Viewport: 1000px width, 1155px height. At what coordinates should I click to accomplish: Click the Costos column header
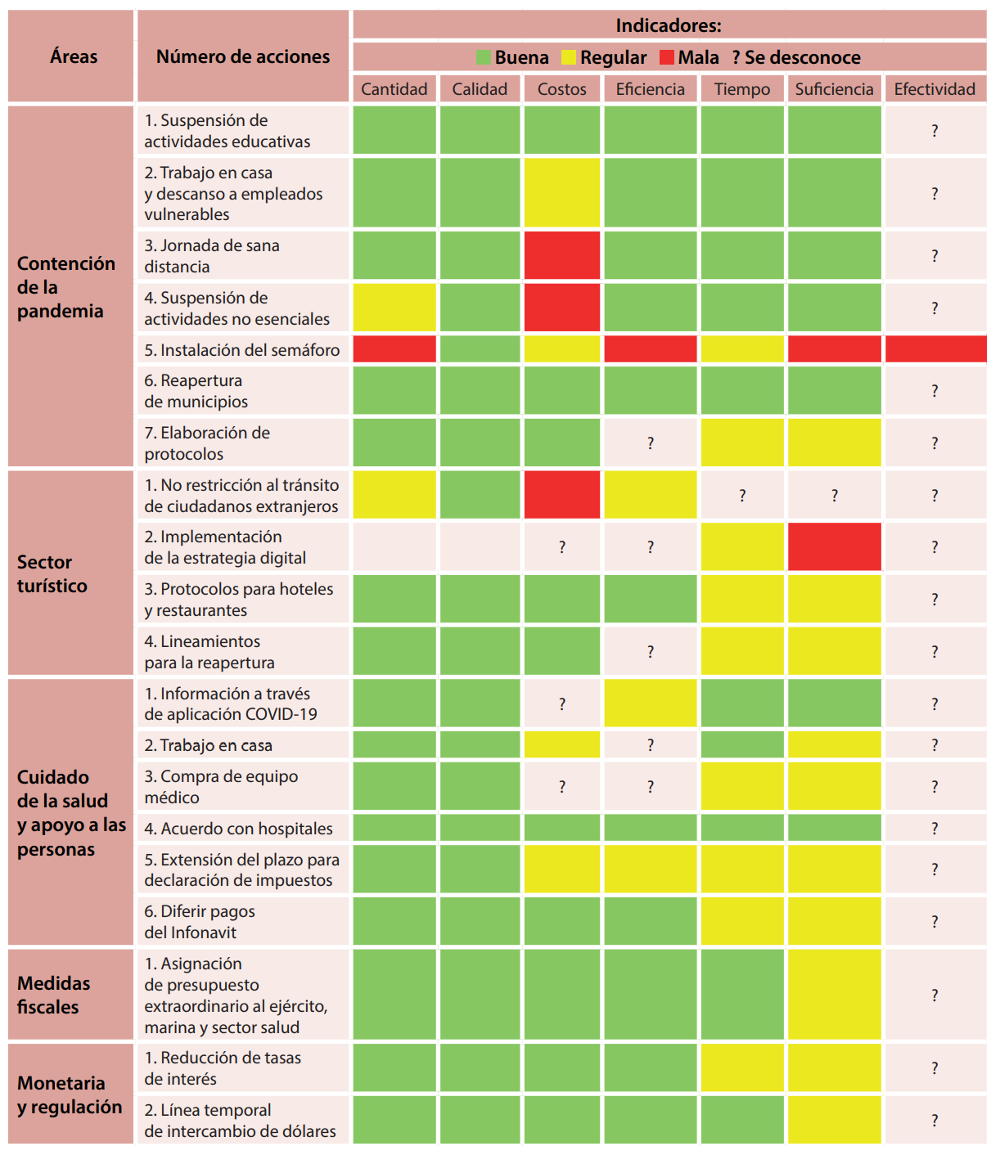(x=561, y=89)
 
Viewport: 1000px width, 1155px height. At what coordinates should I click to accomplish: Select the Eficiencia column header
(x=650, y=89)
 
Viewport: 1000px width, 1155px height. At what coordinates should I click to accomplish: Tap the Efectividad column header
(x=935, y=89)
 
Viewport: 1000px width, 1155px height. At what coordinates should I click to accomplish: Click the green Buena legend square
(x=484, y=57)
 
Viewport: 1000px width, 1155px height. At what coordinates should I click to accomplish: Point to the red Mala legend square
(x=667, y=57)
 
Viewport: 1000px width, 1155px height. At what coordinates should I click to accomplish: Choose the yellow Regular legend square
(x=569, y=57)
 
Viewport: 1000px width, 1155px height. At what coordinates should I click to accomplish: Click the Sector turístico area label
(x=52, y=573)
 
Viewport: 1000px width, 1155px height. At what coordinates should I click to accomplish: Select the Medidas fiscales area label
(x=53, y=995)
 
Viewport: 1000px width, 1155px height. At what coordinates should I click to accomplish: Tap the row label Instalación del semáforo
(x=242, y=350)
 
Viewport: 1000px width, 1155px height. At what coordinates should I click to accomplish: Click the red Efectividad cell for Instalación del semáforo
(x=935, y=349)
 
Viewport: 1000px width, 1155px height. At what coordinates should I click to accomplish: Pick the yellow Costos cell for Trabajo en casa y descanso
(x=561, y=193)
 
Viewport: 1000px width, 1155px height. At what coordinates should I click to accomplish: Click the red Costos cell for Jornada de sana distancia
(x=561, y=255)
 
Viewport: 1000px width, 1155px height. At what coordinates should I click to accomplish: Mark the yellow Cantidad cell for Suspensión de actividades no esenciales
(x=394, y=308)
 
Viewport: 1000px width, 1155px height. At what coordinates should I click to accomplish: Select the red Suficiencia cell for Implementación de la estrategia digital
(x=834, y=546)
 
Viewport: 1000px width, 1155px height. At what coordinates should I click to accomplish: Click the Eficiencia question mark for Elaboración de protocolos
(x=650, y=443)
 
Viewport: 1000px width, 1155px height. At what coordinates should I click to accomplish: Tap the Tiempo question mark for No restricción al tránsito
(x=741, y=495)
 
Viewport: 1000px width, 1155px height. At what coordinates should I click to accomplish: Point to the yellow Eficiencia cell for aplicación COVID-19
(x=650, y=703)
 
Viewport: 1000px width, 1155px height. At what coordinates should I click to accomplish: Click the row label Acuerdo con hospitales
(x=239, y=829)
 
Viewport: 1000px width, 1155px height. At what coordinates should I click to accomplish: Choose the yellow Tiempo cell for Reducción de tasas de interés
(x=741, y=1067)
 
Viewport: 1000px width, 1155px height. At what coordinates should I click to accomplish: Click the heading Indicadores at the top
(x=669, y=25)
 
